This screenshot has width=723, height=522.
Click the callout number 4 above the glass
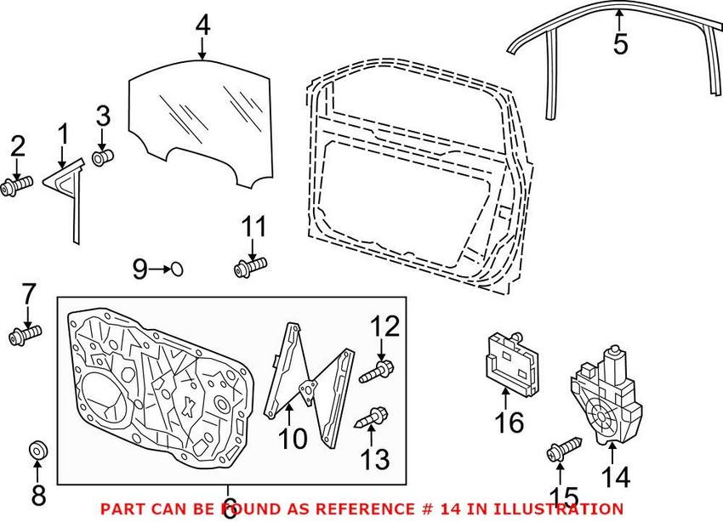coord(202,25)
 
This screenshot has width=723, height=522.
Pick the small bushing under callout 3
coord(103,157)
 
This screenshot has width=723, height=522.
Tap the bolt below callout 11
coord(251,268)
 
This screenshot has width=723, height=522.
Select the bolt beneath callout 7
coord(26,338)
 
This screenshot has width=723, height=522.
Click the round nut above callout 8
coord(37,449)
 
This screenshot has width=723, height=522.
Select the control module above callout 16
coord(513,360)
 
